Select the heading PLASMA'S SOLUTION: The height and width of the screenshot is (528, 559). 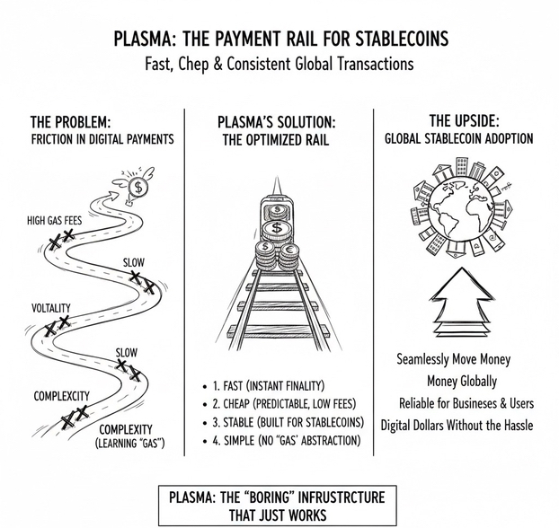278,120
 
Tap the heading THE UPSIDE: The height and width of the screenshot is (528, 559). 457,120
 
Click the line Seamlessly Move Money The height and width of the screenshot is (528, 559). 453,359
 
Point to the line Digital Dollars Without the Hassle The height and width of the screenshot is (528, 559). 457,424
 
